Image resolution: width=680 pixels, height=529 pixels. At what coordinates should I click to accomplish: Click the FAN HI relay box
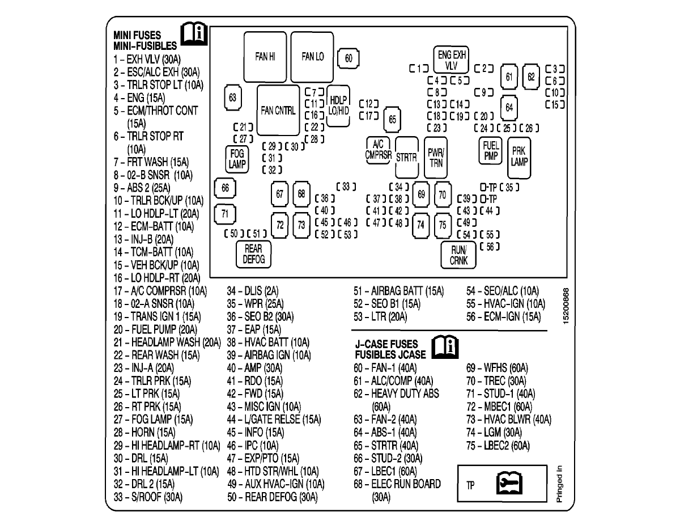click(265, 57)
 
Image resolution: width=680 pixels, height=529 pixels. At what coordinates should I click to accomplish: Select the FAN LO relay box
click(312, 57)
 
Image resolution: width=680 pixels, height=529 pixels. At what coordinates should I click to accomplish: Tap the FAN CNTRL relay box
click(278, 110)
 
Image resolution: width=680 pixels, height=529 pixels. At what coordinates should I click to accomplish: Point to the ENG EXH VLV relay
click(451, 60)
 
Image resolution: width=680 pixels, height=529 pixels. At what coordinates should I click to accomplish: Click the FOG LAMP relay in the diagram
click(237, 159)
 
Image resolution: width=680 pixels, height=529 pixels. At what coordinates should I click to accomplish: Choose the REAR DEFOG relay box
click(253, 254)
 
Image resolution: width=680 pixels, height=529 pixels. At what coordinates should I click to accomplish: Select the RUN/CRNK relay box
click(458, 255)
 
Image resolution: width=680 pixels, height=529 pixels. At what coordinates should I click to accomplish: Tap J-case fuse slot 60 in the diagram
click(348, 58)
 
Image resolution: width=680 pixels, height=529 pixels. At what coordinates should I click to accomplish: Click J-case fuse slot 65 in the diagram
click(392, 119)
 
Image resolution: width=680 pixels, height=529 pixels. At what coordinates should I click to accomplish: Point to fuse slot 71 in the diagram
click(225, 214)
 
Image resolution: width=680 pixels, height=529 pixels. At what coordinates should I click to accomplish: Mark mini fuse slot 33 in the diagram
click(346, 187)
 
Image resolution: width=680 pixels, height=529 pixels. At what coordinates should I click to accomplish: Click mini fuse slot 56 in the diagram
click(490, 247)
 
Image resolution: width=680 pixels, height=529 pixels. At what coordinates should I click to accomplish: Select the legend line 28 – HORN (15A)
click(144, 432)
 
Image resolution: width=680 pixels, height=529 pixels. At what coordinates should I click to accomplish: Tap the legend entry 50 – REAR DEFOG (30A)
click(272, 497)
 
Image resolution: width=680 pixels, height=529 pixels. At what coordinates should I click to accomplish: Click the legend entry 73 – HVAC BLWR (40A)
click(509, 419)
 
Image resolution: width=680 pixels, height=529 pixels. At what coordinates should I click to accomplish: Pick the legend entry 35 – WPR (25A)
click(255, 304)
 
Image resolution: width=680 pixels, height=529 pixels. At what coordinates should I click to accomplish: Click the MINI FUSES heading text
click(137, 35)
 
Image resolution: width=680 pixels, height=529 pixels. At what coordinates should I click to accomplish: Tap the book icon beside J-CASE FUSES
click(445, 347)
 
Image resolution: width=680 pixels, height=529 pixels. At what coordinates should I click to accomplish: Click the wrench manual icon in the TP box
click(509, 483)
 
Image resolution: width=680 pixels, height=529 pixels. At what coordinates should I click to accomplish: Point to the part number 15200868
click(566, 306)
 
